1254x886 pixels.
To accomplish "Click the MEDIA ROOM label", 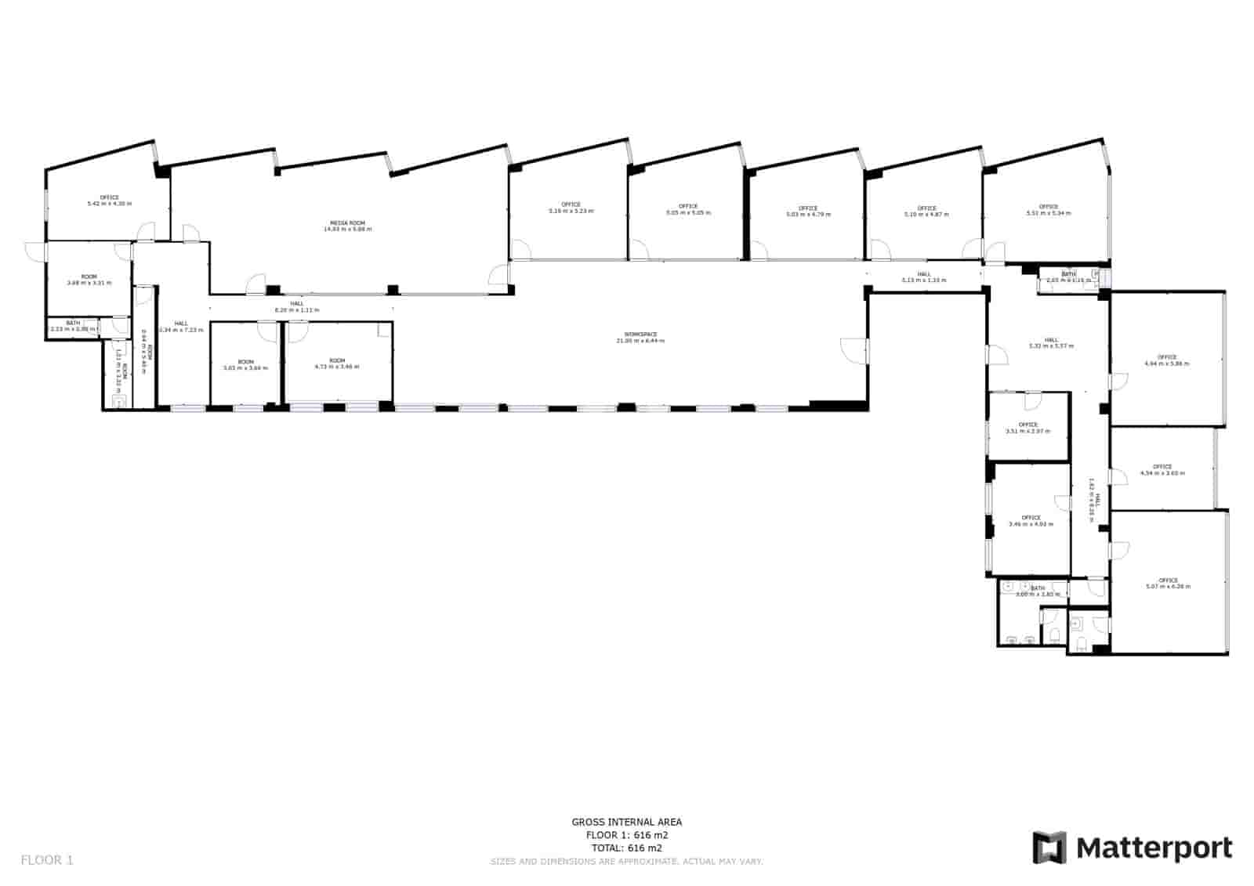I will [x=348, y=223].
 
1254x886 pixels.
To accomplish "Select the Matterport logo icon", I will [x=1049, y=848].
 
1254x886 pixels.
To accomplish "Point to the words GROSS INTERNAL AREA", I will [x=626, y=822].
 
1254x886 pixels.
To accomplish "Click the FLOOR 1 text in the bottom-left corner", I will [x=47, y=860].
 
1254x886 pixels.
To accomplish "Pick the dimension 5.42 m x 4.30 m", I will [x=110, y=204].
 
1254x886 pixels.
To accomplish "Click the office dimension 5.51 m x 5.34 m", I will [x=1049, y=213].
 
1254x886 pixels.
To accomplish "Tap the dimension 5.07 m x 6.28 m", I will [x=1168, y=586].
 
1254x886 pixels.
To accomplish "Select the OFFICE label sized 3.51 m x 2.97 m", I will [x=1028, y=425].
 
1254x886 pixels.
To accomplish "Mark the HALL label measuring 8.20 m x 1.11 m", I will [x=297, y=303].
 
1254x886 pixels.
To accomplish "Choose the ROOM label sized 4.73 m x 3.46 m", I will [x=337, y=360].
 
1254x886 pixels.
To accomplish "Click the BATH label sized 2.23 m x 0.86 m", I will [x=73, y=323].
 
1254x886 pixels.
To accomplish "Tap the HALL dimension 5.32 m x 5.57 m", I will [x=1051, y=345].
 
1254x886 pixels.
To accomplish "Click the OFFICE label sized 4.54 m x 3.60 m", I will [x=1162, y=467].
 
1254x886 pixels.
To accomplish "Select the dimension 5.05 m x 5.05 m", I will [x=688, y=212].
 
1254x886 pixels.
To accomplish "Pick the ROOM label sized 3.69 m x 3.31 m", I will [x=89, y=277].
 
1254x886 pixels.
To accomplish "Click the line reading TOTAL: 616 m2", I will [x=626, y=848].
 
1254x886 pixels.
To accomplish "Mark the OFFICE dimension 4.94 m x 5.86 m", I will [x=1167, y=363].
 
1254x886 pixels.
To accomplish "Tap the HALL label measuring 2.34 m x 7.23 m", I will [x=181, y=323].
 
